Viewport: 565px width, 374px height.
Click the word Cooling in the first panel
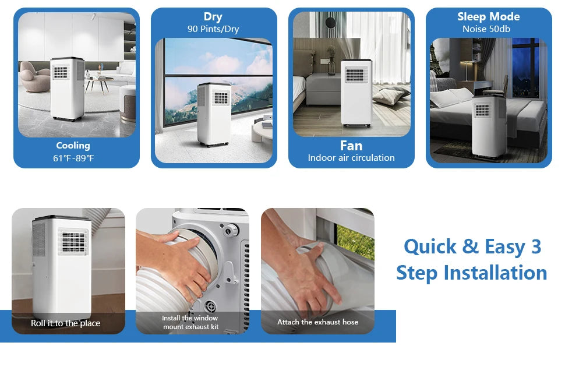coord(73,146)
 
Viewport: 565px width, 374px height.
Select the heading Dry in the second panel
coord(213,17)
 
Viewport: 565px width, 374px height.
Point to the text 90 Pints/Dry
coord(213,29)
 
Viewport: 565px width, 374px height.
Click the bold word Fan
coord(351,146)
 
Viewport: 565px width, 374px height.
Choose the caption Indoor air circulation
coord(351,158)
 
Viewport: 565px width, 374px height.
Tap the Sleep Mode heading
coord(488,16)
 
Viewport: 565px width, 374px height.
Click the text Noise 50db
coord(488,29)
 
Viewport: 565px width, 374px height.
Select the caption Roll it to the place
coord(66,323)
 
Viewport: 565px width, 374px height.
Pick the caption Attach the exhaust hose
coord(317,322)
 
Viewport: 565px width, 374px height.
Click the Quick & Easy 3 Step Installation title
coord(472,259)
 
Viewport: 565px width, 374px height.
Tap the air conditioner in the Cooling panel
coord(66,89)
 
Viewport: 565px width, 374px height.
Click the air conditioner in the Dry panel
coord(213,114)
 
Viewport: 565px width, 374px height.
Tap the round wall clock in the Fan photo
coord(330,23)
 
